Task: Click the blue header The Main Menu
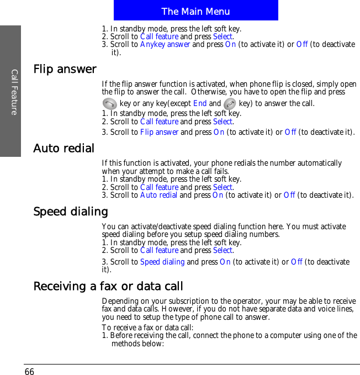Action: pos(195,11)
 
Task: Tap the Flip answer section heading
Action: pos(65,70)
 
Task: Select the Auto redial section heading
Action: pos(63,149)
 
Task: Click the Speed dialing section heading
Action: pos(71,212)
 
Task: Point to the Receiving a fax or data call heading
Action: pos(108,286)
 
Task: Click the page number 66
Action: pos(29,371)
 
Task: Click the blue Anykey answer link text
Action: pos(165,45)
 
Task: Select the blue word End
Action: pos(200,103)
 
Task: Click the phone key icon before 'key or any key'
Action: pos(109,103)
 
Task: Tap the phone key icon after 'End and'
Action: pos(230,103)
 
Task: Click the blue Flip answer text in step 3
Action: pos(159,132)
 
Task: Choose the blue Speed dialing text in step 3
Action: pos(162,261)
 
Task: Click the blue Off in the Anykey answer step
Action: pos(302,45)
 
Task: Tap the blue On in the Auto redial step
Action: pos(218,195)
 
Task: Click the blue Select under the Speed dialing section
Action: pos(223,250)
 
